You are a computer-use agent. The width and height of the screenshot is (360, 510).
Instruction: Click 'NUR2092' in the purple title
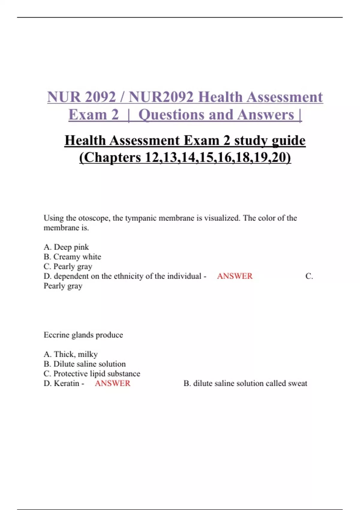(x=161, y=97)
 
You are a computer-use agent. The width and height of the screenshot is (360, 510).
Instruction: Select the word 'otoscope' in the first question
(x=94, y=218)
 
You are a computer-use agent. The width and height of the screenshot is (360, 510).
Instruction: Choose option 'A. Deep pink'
(x=66, y=247)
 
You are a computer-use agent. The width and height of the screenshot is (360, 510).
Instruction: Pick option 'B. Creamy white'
(x=72, y=257)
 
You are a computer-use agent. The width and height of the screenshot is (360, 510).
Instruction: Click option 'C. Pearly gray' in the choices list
(x=68, y=266)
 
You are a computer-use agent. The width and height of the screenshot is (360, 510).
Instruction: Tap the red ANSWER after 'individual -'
(x=235, y=276)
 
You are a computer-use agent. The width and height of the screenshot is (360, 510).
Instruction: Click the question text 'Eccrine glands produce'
(x=83, y=335)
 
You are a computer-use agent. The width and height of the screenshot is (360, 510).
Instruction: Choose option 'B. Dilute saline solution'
(x=85, y=364)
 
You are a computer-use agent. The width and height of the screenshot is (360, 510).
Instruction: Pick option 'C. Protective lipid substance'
(x=92, y=373)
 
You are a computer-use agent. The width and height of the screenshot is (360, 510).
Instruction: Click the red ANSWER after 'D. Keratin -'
(x=112, y=383)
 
